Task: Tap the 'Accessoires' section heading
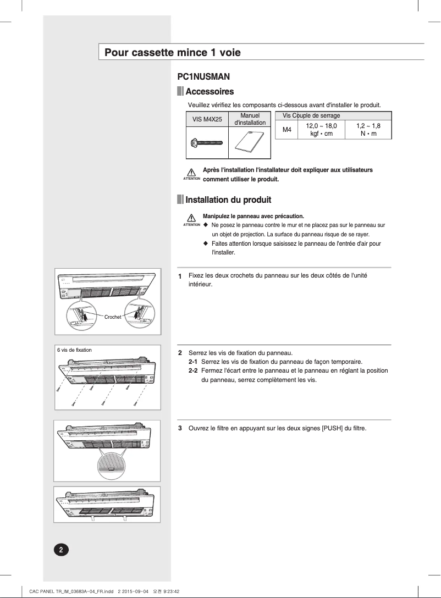(210, 92)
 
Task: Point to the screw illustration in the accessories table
(206, 143)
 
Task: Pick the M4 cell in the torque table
(286, 130)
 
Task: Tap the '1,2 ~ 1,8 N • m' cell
(368, 130)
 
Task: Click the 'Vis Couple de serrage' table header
(311, 115)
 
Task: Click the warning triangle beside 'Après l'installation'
(191, 173)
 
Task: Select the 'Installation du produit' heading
(228, 200)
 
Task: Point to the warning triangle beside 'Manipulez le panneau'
(191, 218)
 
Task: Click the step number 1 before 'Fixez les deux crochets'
(180, 276)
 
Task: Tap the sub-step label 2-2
(193, 371)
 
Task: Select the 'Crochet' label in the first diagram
(113, 317)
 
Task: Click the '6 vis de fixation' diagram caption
(74, 350)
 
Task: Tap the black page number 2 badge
(61, 550)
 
